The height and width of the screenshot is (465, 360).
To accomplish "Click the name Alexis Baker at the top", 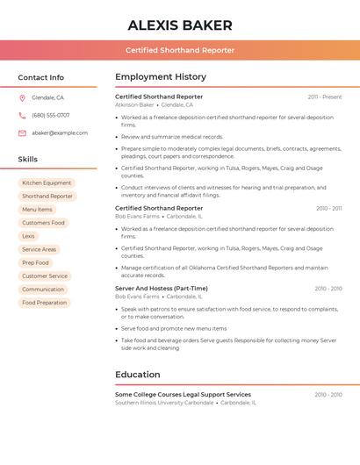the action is (180, 25).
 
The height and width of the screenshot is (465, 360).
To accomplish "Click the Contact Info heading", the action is (41, 77).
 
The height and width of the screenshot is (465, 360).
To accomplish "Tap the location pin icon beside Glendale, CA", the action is (22, 97).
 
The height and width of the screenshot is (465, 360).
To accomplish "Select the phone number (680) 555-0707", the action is (50, 115).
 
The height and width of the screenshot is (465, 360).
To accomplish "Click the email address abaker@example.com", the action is (60, 132).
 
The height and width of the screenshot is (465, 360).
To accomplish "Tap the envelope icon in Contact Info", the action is (22, 132).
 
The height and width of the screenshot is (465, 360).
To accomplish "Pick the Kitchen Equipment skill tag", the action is (47, 183).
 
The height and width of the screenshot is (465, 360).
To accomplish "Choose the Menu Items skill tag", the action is (37, 210).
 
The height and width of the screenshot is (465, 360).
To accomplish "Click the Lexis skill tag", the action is (29, 236).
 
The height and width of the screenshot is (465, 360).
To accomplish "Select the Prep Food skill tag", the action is (36, 262).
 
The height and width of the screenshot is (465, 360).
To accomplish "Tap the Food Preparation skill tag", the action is (45, 303).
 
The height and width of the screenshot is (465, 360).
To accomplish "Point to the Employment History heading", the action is (161, 77).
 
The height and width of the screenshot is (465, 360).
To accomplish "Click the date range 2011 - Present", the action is (325, 97).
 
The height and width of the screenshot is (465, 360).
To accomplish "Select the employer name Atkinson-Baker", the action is (134, 104).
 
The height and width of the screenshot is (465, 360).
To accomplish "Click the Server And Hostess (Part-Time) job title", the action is (162, 288).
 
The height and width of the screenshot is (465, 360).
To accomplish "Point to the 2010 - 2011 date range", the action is (329, 208).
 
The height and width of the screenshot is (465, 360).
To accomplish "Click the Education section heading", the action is (138, 375).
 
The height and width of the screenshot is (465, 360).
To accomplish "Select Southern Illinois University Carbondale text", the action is (164, 403).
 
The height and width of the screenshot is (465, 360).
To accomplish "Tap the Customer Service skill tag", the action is (45, 275).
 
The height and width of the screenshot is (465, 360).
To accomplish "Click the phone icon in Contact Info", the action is (22, 115).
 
